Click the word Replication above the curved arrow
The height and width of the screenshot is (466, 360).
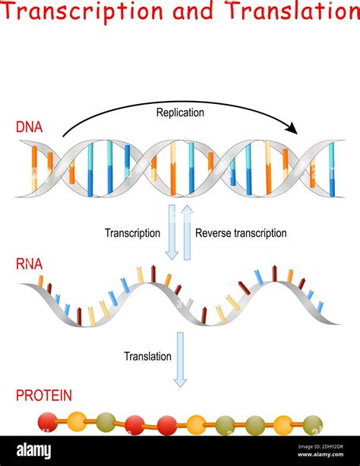tap(180, 113)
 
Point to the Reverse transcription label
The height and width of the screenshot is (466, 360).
tap(241, 233)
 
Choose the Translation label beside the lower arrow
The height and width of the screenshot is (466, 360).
tap(148, 355)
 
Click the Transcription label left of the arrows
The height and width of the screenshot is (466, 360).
tap(132, 233)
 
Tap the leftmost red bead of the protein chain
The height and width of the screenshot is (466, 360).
tap(48, 421)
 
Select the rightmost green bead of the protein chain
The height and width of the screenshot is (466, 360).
tap(312, 425)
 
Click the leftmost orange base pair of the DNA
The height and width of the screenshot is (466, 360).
tap(34, 167)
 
